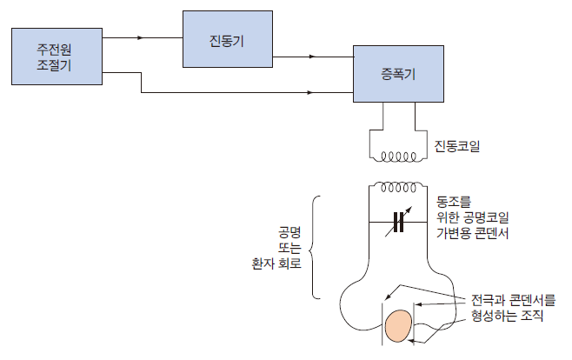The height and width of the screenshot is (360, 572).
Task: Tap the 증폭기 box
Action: tap(398, 73)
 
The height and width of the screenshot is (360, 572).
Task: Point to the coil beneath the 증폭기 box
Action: tap(399, 157)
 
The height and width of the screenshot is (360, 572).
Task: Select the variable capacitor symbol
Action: tap(399, 223)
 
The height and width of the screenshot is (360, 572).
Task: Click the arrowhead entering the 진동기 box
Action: tap(177, 39)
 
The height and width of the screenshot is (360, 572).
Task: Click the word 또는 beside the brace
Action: tap(288, 248)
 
